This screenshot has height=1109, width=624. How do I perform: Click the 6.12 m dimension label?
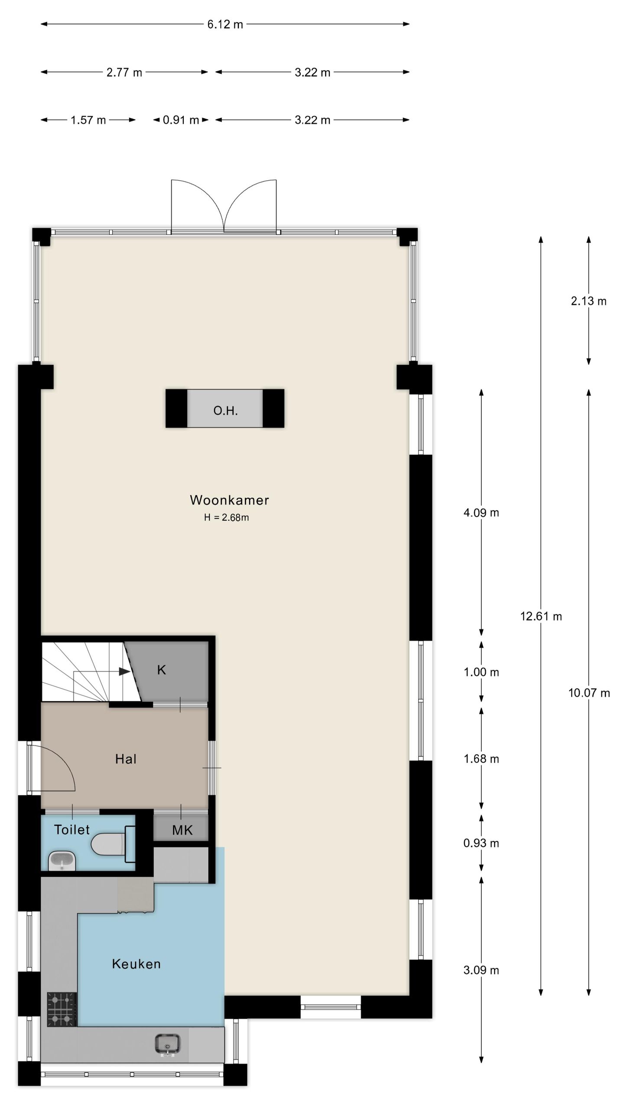pyautogui.click(x=225, y=25)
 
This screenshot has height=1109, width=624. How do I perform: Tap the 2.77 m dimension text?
pyautogui.click(x=124, y=72)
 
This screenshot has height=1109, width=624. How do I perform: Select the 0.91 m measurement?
pyautogui.click(x=181, y=120)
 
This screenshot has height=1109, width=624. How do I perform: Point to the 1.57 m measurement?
pyautogui.click(x=88, y=120)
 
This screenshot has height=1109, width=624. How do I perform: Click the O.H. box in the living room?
pyautogui.click(x=225, y=409)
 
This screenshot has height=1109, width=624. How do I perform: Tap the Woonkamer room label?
pyautogui.click(x=229, y=500)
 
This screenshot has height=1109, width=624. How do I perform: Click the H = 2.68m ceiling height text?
pyautogui.click(x=226, y=517)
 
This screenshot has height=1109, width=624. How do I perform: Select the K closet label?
pyautogui.click(x=161, y=670)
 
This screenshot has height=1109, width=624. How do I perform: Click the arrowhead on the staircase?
pyautogui.click(x=124, y=671)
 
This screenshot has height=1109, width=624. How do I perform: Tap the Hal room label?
pyautogui.click(x=126, y=759)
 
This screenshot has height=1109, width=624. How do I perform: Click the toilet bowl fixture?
pyautogui.click(x=108, y=844)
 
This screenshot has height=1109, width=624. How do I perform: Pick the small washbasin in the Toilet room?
pyautogui.click(x=62, y=860)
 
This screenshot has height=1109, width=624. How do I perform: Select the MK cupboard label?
pyautogui.click(x=182, y=830)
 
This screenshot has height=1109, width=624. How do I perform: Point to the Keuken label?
pyautogui.click(x=136, y=964)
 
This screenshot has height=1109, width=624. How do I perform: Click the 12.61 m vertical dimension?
pyautogui.click(x=541, y=616)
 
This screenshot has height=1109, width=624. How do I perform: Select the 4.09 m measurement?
pyautogui.click(x=481, y=513)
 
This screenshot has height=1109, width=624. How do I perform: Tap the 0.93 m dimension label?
pyautogui.click(x=481, y=843)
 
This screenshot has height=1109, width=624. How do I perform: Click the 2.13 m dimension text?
pyautogui.click(x=588, y=301)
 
